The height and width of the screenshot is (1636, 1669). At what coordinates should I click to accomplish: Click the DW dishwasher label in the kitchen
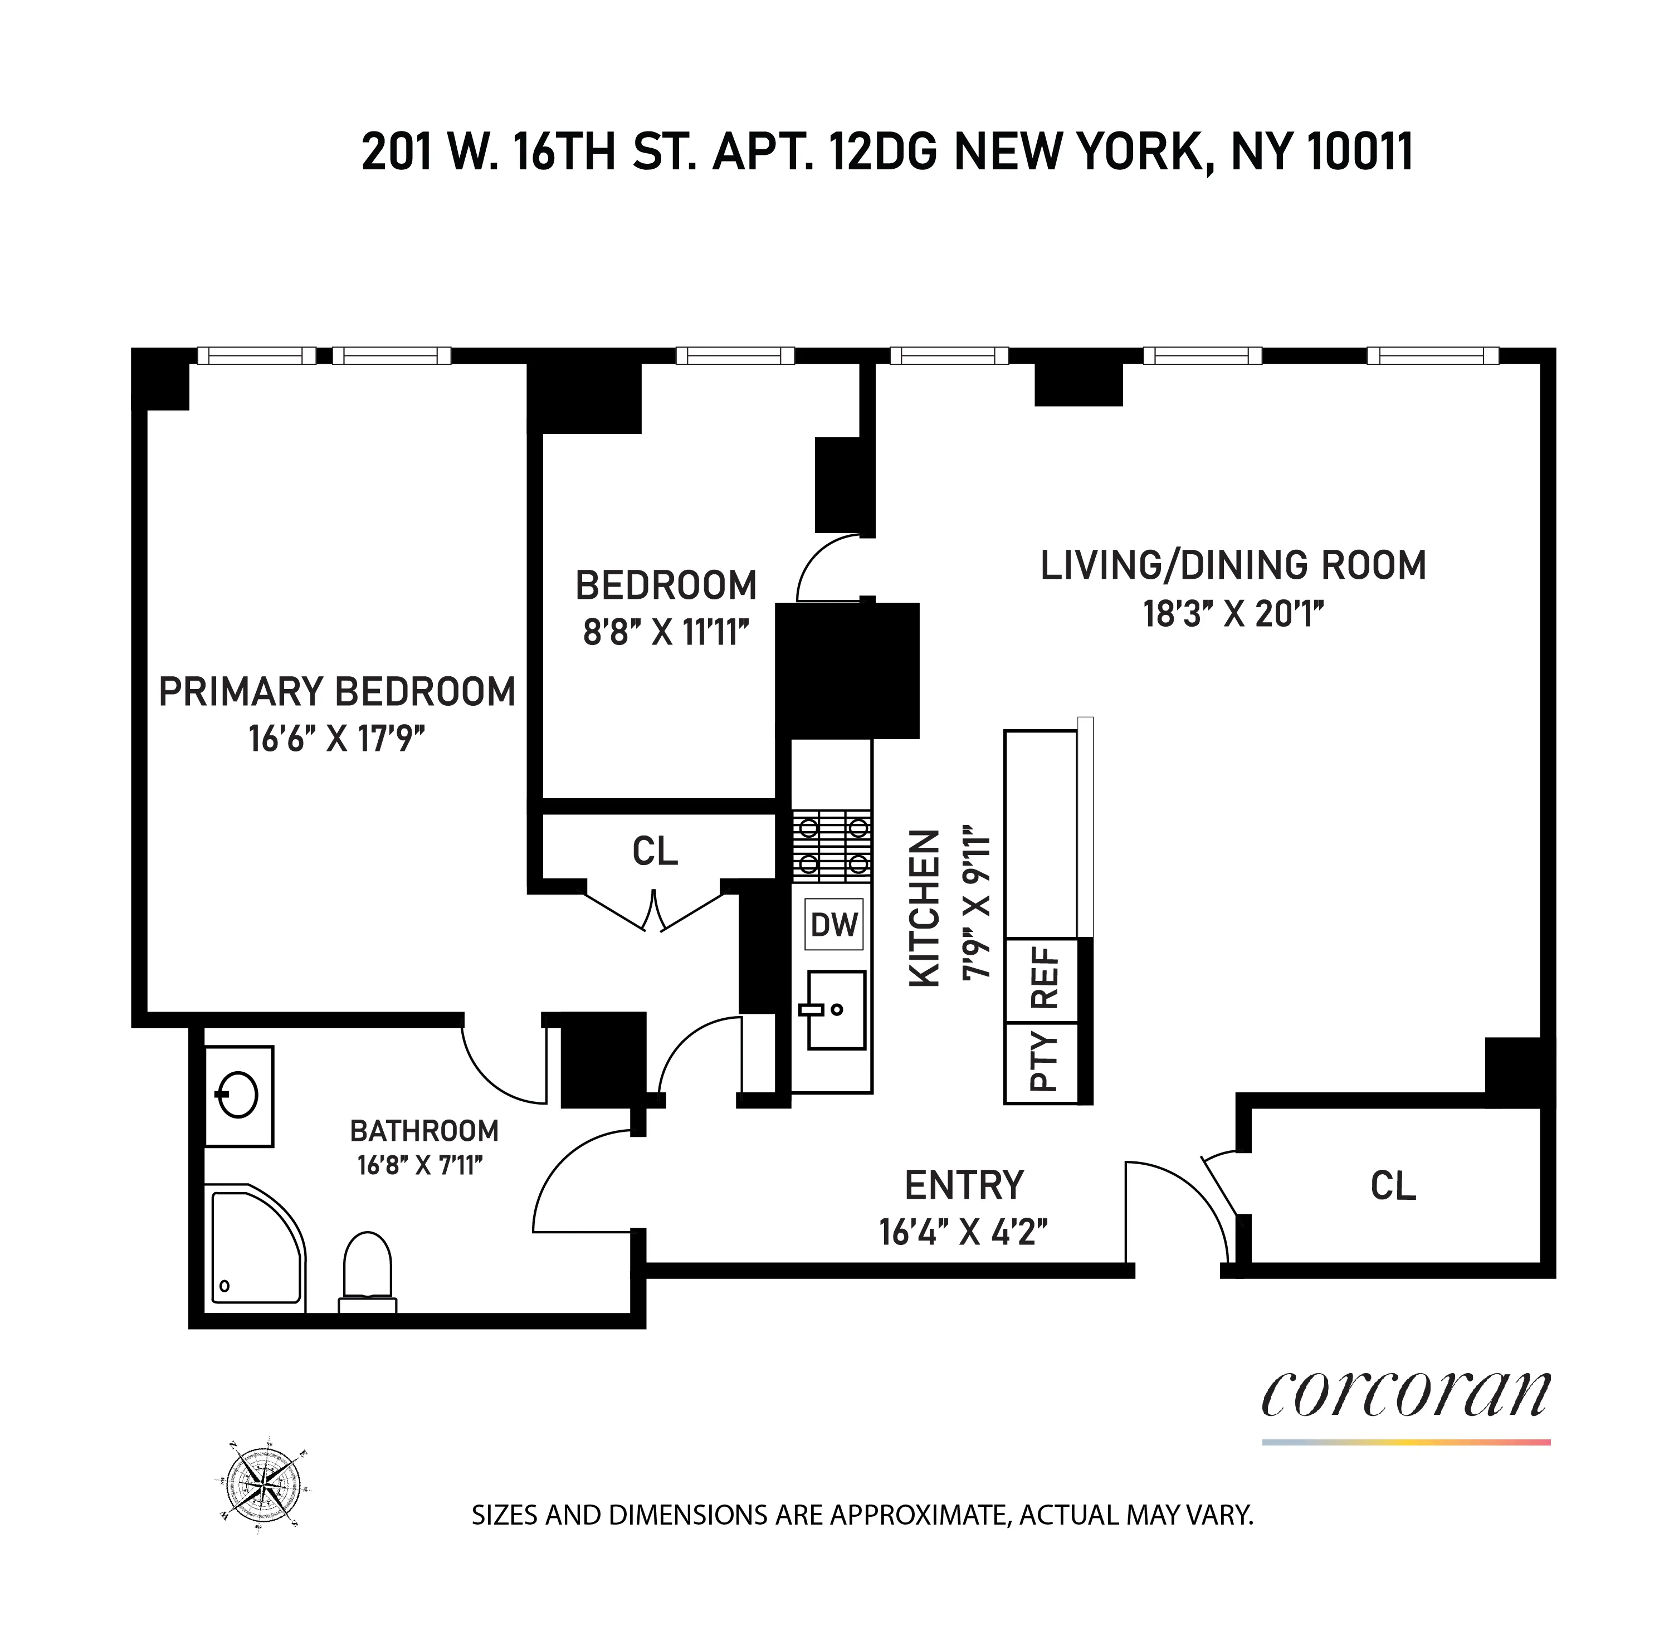coord(833,925)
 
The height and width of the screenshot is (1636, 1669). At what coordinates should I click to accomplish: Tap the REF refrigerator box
coord(1042,979)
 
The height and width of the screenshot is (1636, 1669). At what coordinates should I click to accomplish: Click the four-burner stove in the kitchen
coord(832,846)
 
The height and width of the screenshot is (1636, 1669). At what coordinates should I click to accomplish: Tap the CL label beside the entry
coord(1392,1186)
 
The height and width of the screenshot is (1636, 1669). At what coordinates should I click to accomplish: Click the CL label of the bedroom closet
coord(655,852)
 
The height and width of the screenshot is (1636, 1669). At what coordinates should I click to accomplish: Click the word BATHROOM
coord(424,1131)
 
